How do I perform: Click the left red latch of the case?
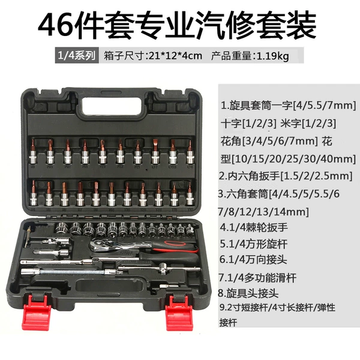(x=37, y=313)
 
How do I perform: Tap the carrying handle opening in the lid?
(x=112, y=106)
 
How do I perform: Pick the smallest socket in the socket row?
(x=190, y=229)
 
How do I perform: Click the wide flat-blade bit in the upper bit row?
(x=155, y=151)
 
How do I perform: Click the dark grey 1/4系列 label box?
(x=77, y=55)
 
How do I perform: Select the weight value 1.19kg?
(x=272, y=56)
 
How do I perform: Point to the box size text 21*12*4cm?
(x=176, y=56)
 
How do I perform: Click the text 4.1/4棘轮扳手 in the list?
(x=254, y=227)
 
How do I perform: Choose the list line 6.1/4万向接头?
(x=253, y=260)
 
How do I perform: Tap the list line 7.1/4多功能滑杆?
(x=257, y=278)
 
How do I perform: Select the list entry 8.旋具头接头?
(x=248, y=293)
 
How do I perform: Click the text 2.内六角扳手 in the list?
(x=249, y=176)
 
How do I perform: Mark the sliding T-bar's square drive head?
(x=163, y=268)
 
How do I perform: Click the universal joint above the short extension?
(x=56, y=241)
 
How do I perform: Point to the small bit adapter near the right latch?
(x=169, y=286)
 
